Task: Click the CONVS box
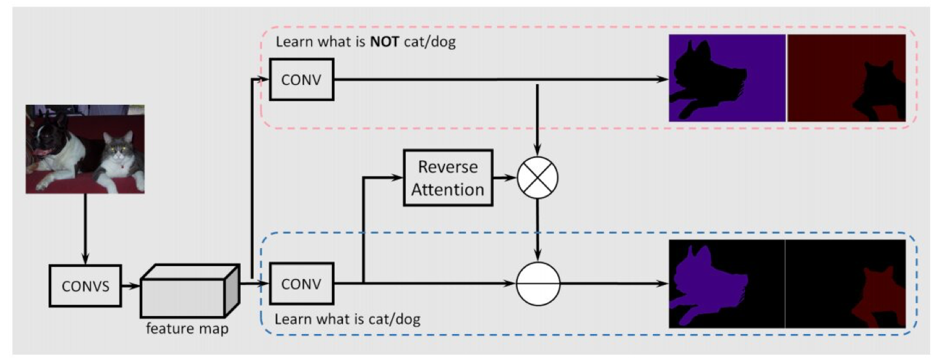pos(86,285)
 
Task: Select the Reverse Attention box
pos(448,177)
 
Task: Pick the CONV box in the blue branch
pos(302,283)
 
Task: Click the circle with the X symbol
pos(538,177)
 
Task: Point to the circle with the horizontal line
pos(538,283)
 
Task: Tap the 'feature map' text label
pos(187,328)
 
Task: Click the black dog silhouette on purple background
pos(706,74)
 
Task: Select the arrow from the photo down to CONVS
pos(85,227)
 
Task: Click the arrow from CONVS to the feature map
pos(131,285)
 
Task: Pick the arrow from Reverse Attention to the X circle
pos(505,177)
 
